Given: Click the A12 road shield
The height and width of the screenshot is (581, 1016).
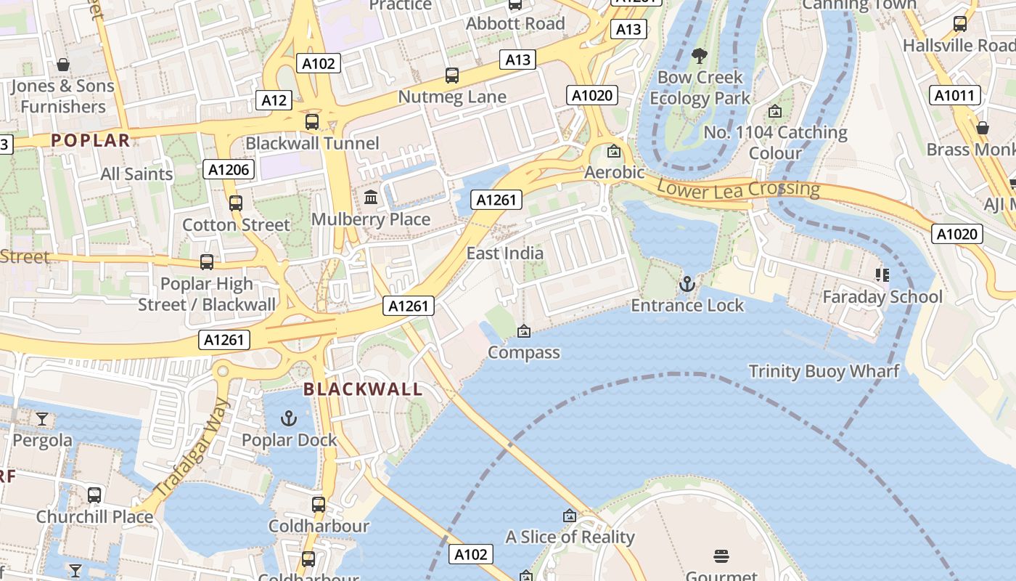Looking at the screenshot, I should [274, 100].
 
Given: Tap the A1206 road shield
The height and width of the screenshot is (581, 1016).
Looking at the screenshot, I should [229, 170].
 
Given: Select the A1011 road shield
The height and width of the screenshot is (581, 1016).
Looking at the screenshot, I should [955, 95].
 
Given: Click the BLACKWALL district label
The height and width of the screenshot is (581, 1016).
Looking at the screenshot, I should [363, 389].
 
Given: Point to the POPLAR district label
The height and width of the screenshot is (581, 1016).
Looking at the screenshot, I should [91, 141].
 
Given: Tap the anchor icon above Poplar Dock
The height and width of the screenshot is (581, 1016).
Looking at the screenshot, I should [289, 418].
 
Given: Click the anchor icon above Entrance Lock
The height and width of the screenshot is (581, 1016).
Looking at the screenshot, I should [687, 283].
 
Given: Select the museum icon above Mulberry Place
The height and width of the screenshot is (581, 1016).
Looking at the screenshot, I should [371, 197].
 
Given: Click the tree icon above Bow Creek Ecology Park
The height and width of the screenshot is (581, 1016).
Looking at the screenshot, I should [700, 55].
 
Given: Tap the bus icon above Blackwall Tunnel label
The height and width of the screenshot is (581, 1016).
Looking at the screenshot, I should [312, 121].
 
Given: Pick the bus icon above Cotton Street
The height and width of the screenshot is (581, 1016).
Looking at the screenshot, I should [236, 203].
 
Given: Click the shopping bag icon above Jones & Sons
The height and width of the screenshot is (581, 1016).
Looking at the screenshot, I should [63, 65].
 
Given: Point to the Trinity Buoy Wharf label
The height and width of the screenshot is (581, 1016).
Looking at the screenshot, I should [824, 372].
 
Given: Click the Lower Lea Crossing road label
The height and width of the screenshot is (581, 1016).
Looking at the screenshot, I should [738, 189].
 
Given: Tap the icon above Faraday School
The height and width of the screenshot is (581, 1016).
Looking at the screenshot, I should [882, 275].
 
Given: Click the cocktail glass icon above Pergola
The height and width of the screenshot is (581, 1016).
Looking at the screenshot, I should [42, 418].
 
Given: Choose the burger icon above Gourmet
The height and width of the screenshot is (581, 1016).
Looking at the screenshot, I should [721, 556].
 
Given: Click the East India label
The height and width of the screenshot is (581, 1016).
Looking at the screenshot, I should [504, 253].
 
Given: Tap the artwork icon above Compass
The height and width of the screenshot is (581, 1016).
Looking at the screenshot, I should [523, 331].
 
